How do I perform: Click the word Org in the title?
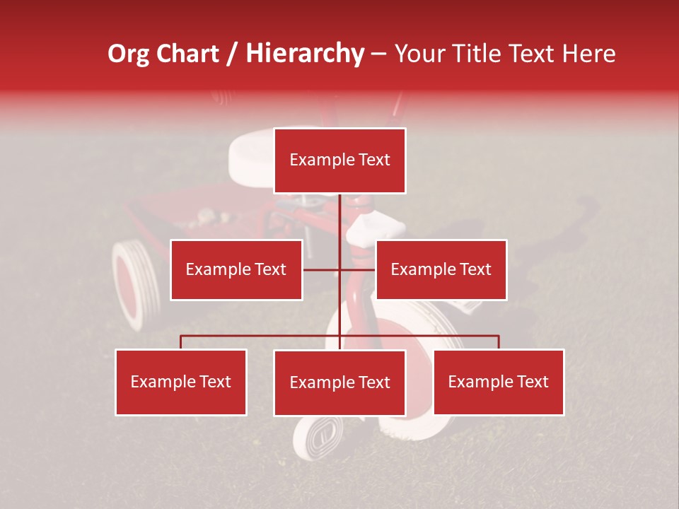click(128, 54)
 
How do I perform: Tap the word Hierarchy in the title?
click(305, 54)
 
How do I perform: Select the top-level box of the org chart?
click(339, 160)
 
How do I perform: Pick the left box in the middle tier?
click(236, 269)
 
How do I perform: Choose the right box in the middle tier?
click(441, 269)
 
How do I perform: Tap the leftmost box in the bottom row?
click(181, 382)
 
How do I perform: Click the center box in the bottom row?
click(339, 382)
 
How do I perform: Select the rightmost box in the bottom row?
click(499, 382)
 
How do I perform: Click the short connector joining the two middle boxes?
click(339, 269)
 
